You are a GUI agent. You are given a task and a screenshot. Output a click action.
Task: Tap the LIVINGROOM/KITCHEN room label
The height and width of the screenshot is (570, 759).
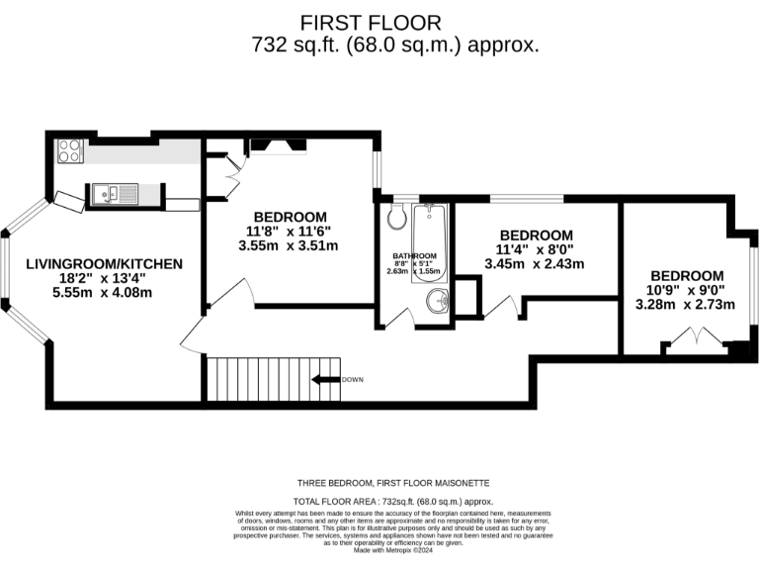click(x=104, y=263)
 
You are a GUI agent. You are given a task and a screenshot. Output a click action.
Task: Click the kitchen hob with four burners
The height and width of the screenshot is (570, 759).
click(x=70, y=150)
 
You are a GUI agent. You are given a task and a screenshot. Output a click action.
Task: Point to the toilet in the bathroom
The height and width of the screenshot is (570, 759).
click(x=397, y=219)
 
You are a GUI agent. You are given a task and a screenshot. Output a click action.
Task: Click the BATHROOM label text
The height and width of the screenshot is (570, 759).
click(x=413, y=255)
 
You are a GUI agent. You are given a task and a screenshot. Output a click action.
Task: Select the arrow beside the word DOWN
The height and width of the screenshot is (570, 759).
click(x=324, y=379)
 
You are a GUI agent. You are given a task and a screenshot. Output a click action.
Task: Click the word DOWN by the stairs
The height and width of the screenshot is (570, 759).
click(x=353, y=380)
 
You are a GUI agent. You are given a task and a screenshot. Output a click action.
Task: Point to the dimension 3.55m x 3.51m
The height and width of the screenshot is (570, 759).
click(x=289, y=246)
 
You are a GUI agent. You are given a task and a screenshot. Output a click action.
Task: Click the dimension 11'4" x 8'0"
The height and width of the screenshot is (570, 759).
click(x=535, y=249)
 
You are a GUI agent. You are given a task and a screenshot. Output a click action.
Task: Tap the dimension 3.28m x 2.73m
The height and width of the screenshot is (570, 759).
click(x=686, y=304)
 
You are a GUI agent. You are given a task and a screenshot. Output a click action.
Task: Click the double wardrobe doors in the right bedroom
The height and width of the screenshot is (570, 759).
click(x=688, y=342)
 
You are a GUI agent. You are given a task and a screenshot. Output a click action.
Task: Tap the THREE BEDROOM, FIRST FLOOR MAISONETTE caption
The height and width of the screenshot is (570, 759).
click(x=393, y=483)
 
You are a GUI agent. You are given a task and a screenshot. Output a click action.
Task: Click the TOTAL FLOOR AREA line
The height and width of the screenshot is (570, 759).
click(x=393, y=503)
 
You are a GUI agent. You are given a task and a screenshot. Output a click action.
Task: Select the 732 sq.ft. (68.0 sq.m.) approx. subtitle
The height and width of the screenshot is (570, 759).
click(x=395, y=46)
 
